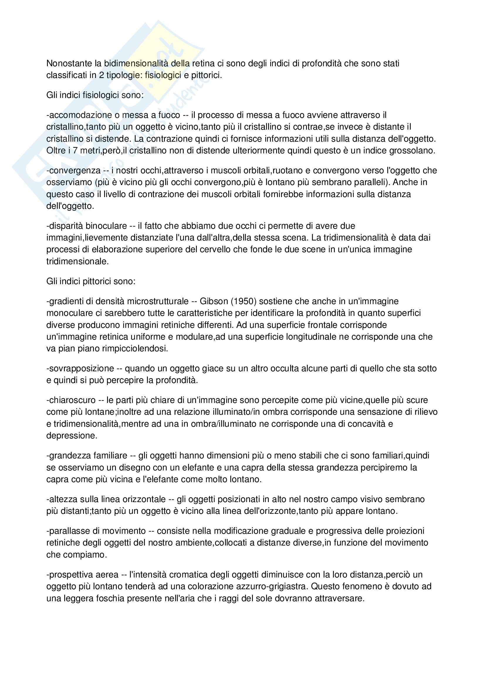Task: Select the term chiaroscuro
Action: (72, 400)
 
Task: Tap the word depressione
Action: (72, 436)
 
